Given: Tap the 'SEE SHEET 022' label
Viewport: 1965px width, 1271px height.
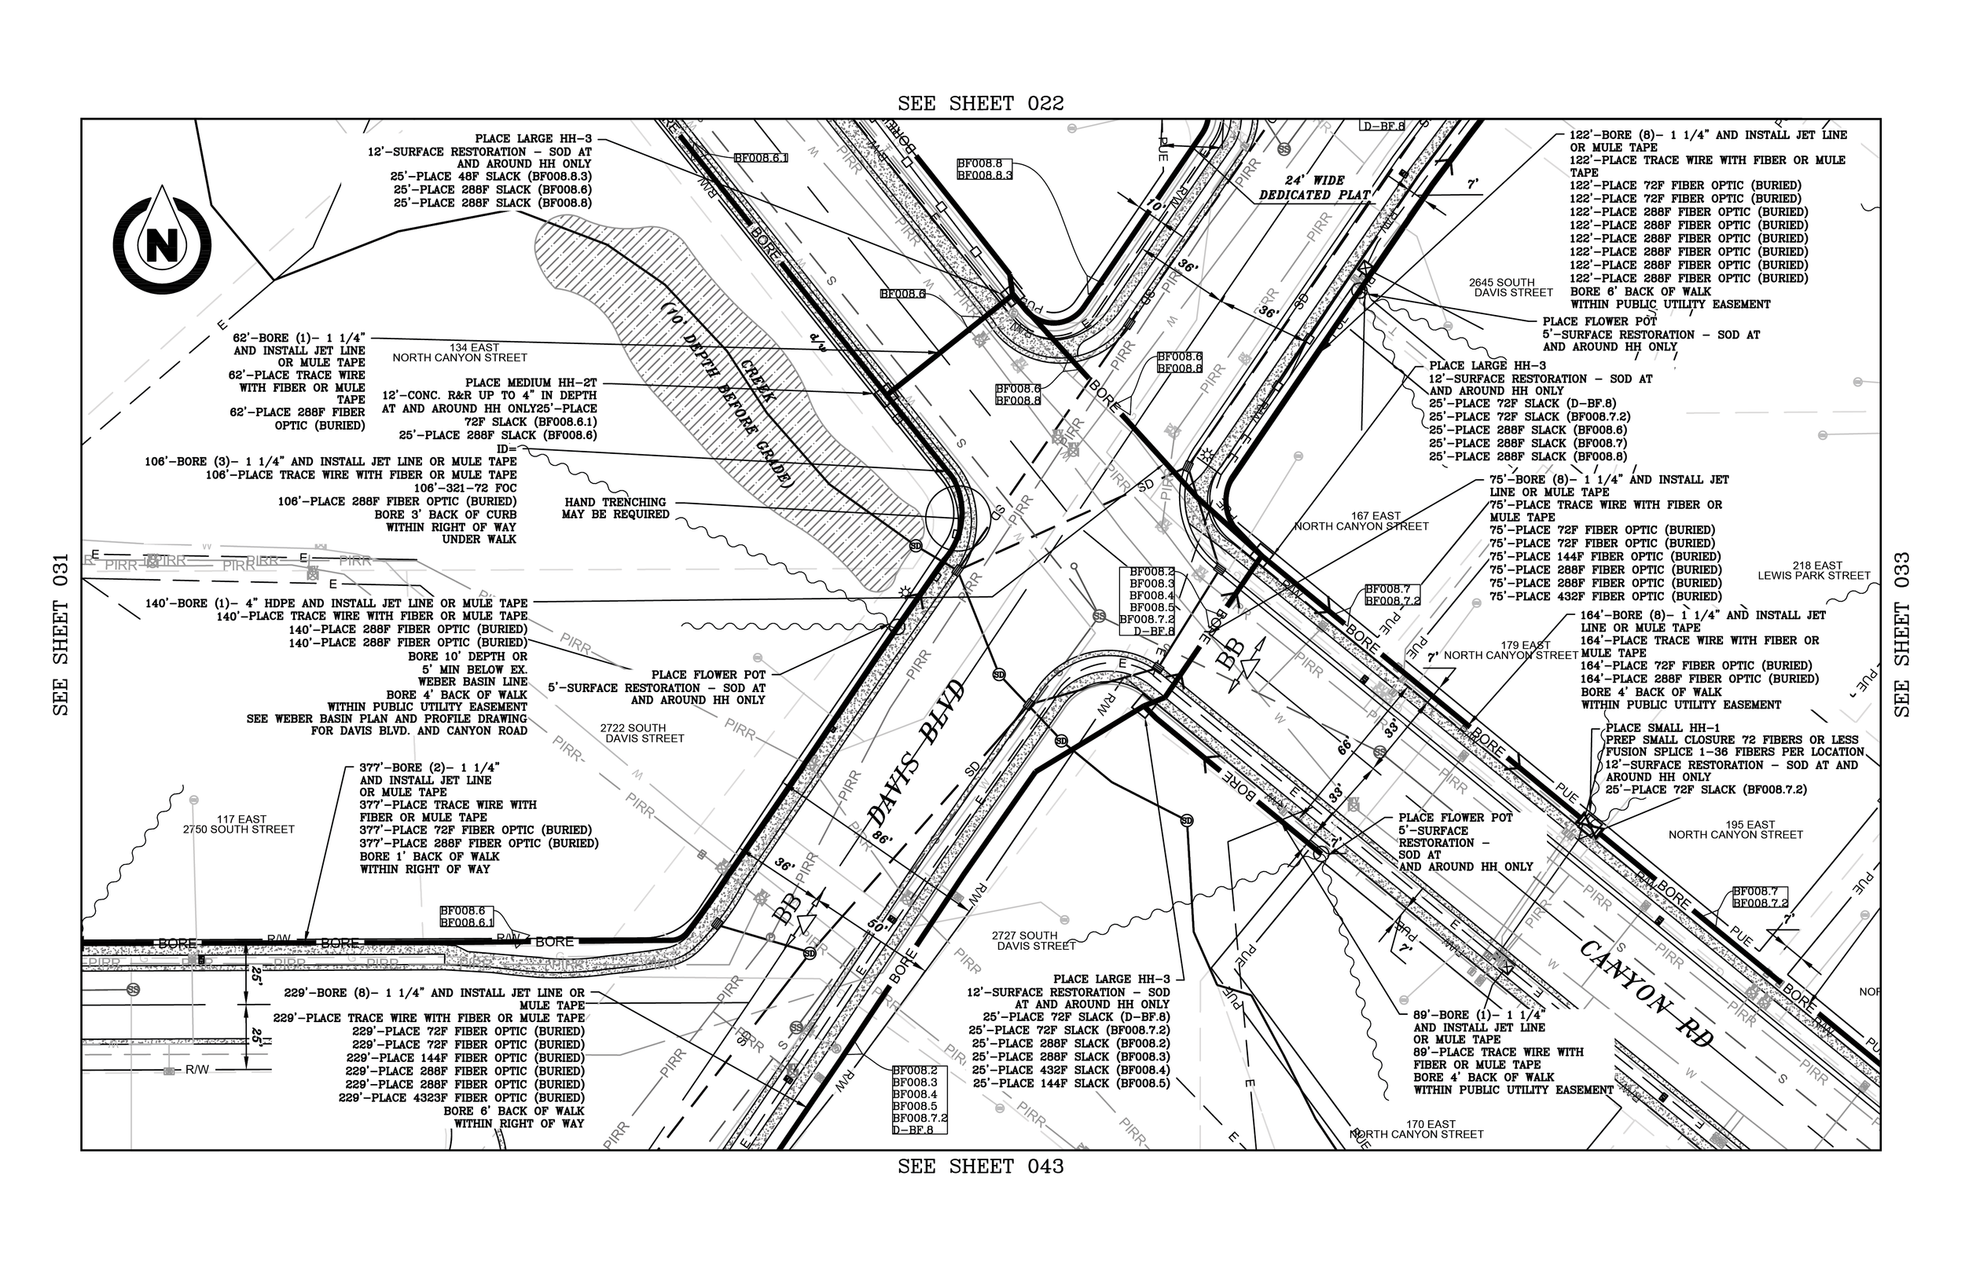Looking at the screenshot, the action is click(x=981, y=104).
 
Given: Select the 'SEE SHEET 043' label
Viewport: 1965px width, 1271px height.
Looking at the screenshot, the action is click(x=981, y=1167).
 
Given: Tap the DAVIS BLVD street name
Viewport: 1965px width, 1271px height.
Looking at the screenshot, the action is click(x=916, y=753).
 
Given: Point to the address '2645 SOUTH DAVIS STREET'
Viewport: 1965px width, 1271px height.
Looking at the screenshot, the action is click(x=1513, y=288).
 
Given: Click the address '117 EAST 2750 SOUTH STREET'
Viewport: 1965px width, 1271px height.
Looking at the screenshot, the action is click(x=239, y=825).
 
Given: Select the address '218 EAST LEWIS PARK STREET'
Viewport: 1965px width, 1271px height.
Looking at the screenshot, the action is click(x=1814, y=570).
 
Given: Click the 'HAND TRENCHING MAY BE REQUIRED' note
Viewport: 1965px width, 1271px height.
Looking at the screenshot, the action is click(x=617, y=507).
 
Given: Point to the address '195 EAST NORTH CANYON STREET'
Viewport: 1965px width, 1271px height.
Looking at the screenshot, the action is click(x=1735, y=830).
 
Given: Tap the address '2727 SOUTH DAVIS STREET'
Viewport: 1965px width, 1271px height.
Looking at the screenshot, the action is click(x=1036, y=941).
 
